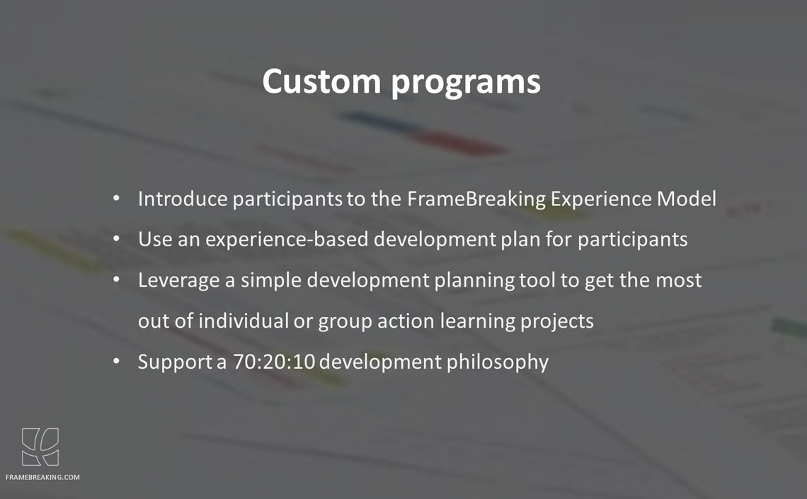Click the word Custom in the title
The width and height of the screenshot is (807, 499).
(x=321, y=81)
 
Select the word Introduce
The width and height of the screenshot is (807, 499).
(x=183, y=199)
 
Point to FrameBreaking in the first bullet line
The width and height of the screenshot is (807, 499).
(x=476, y=199)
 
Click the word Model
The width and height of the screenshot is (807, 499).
(x=686, y=199)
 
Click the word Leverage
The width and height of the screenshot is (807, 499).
(x=179, y=280)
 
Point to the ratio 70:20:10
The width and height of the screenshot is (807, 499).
(x=274, y=362)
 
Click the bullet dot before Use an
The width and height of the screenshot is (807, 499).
(x=117, y=239)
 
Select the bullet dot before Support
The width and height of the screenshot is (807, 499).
(x=117, y=361)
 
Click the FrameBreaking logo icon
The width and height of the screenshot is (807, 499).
(x=40, y=447)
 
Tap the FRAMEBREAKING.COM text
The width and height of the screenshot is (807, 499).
(x=42, y=477)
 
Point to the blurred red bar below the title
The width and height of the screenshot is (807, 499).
(x=458, y=143)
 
